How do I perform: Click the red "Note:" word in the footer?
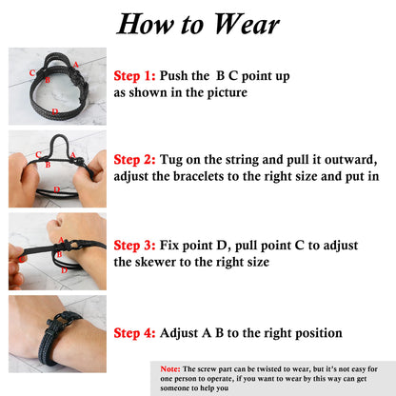[171, 367]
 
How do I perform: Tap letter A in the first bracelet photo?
[75, 64]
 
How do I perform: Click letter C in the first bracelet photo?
[32, 72]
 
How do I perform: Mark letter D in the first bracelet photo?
[55, 111]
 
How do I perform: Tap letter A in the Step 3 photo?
[61, 240]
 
